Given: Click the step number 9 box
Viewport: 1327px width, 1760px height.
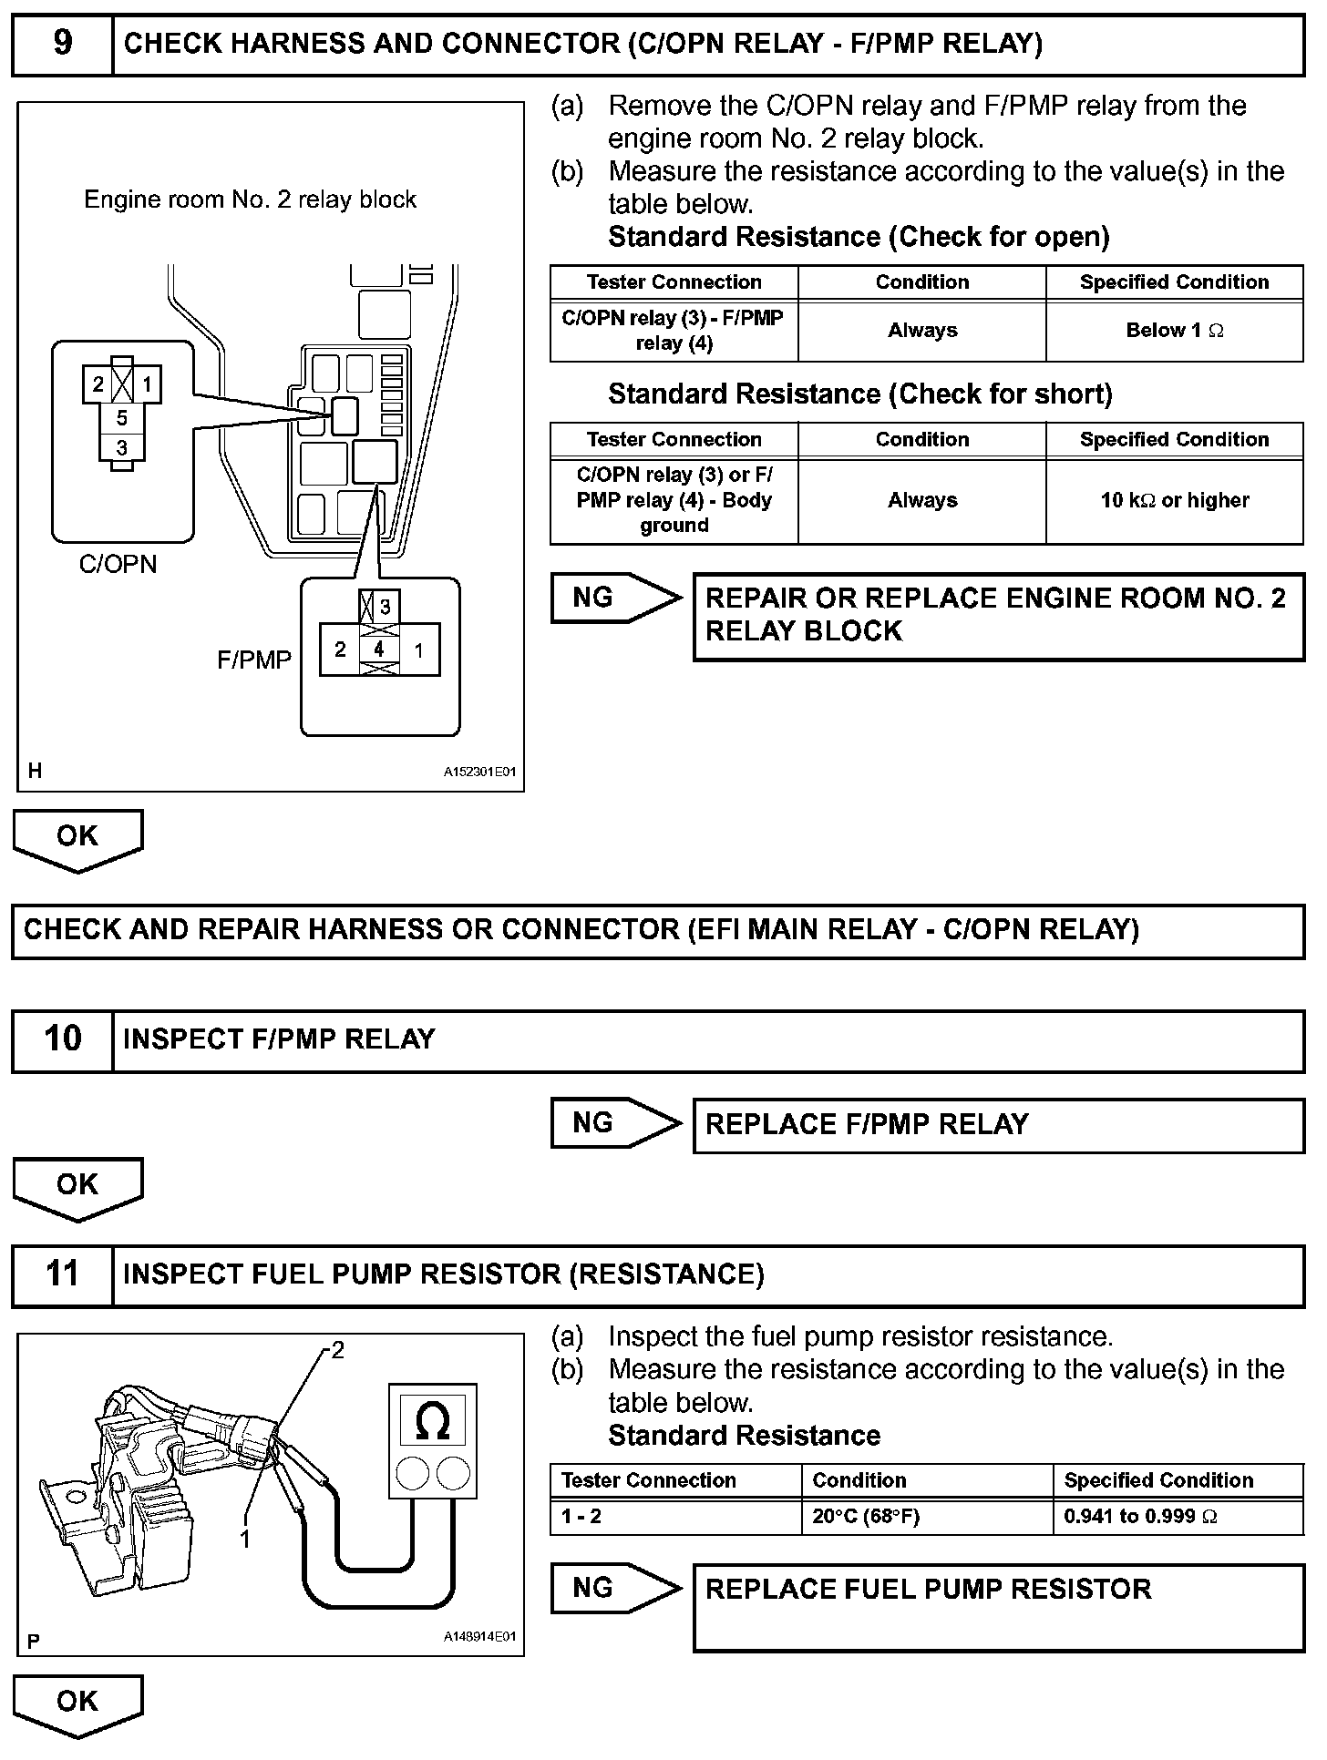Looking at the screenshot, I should click(62, 44).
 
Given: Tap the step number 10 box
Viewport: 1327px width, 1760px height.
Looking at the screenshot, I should click(62, 1039).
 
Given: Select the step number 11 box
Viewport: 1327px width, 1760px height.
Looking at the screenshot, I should click(62, 1274).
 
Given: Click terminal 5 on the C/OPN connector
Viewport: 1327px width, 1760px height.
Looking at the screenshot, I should click(121, 419).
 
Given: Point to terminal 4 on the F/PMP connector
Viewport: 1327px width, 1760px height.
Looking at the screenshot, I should click(379, 649).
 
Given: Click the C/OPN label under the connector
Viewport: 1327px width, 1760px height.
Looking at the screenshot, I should click(118, 565).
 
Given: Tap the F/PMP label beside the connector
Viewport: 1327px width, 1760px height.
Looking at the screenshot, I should click(253, 660).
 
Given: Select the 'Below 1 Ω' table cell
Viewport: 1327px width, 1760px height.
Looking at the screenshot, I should click(1174, 331).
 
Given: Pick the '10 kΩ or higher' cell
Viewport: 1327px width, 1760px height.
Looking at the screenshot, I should click(1174, 500).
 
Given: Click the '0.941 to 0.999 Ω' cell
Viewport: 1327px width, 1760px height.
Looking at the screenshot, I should click(1178, 1517).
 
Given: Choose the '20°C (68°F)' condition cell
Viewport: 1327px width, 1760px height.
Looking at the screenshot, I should click(926, 1517).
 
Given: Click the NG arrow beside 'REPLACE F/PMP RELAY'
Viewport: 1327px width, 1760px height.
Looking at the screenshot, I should click(615, 1123).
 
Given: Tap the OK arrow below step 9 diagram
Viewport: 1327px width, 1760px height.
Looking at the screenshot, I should click(77, 838).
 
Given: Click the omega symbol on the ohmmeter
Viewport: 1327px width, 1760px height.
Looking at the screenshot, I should click(432, 1422).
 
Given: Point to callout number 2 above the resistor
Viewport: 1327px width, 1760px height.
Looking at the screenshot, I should click(337, 1350).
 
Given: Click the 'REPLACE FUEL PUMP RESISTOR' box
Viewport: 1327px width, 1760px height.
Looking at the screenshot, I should click(998, 1608).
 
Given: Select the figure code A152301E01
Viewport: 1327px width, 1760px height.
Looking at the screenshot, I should click(479, 772).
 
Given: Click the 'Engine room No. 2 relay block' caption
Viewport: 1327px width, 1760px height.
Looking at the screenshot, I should click(250, 200).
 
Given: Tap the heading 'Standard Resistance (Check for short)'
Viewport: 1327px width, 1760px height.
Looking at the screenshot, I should click(859, 394).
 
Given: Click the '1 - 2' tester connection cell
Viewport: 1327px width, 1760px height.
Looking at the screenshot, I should click(674, 1517).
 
